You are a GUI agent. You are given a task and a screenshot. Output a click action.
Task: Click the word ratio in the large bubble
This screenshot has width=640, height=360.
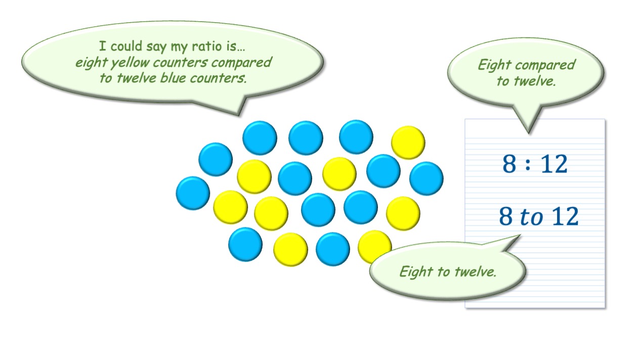(x=206, y=46)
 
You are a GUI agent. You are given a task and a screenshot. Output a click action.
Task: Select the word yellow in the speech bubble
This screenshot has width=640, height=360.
(x=131, y=63)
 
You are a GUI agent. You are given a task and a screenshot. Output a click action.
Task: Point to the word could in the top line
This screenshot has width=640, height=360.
(x=126, y=46)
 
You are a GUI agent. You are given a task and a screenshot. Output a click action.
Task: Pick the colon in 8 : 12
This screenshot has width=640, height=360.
(x=528, y=164)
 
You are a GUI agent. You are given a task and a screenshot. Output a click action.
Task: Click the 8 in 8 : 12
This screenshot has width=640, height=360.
(x=509, y=164)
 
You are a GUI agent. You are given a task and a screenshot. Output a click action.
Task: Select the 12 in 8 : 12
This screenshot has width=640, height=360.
(x=554, y=164)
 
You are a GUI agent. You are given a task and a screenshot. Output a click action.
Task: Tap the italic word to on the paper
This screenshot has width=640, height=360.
(x=531, y=217)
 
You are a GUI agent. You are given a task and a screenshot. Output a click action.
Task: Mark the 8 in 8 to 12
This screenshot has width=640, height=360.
(x=506, y=216)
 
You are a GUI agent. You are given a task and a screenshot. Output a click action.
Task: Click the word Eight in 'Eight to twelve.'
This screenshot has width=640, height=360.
(x=416, y=272)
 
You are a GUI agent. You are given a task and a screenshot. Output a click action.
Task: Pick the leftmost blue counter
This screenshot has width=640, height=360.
(x=193, y=193)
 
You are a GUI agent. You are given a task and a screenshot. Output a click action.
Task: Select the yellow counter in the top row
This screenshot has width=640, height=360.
(x=408, y=143)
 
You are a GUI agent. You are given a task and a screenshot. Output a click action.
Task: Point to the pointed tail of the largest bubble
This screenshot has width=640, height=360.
(x=239, y=115)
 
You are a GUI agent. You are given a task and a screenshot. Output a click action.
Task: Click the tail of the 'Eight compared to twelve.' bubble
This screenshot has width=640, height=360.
(x=528, y=133)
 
